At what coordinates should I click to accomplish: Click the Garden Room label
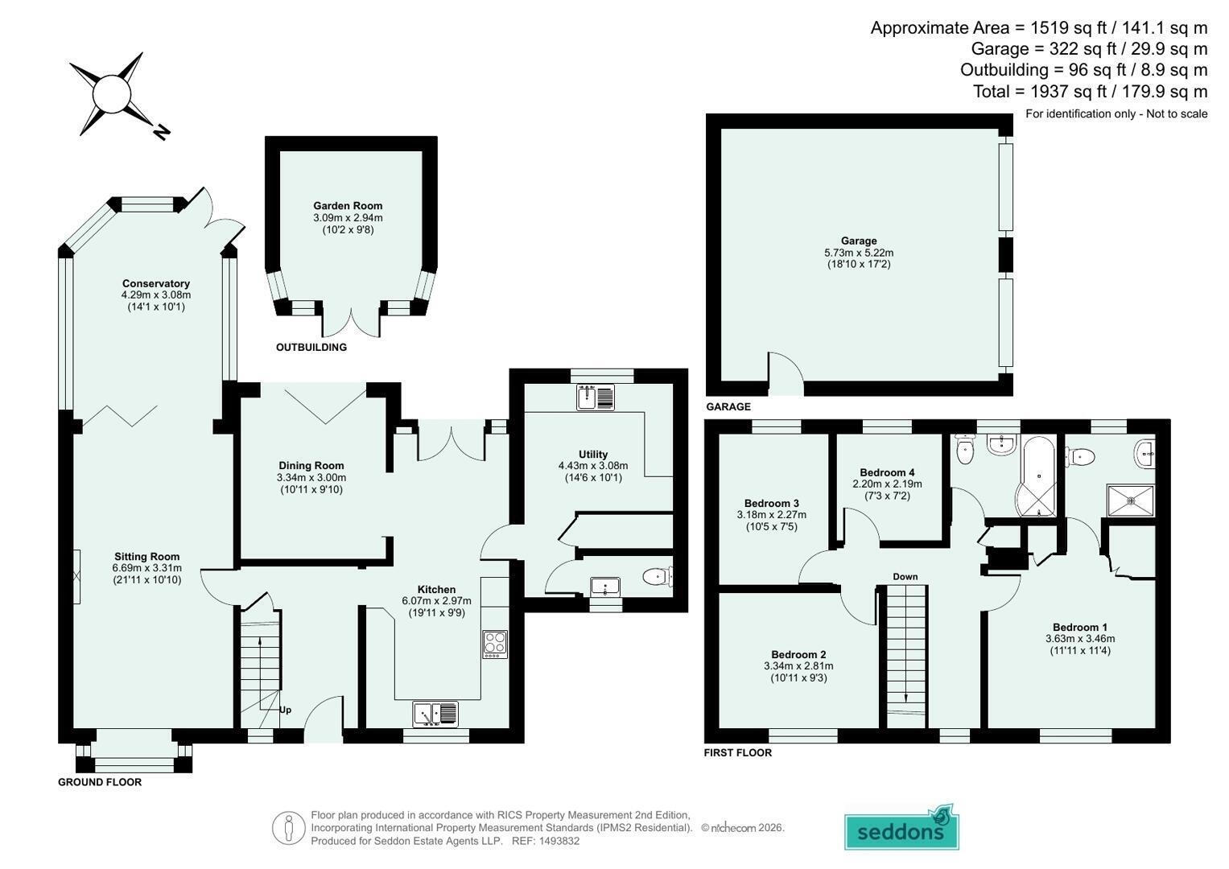tap(348, 206)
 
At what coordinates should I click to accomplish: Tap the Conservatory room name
tap(156, 283)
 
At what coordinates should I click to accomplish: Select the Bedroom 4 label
tap(887, 472)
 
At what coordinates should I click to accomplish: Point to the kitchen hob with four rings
tap(495, 645)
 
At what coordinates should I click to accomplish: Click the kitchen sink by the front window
tap(435, 715)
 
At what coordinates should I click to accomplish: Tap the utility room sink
tap(596, 397)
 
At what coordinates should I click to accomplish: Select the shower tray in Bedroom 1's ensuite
tap(1131, 500)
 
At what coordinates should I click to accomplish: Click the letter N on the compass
tap(161, 132)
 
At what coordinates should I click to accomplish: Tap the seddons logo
tap(901, 829)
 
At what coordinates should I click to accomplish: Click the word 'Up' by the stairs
tap(285, 710)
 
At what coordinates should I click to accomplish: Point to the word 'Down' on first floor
tap(905, 577)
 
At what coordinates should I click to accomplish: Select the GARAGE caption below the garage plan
tap(728, 406)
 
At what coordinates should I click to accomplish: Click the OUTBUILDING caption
tap(311, 348)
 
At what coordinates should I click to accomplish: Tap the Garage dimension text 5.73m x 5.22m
tap(859, 253)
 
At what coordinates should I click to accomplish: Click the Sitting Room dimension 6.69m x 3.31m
tap(147, 568)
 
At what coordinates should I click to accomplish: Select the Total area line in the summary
tap(1091, 91)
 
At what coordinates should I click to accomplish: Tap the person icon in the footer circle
tap(289, 828)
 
